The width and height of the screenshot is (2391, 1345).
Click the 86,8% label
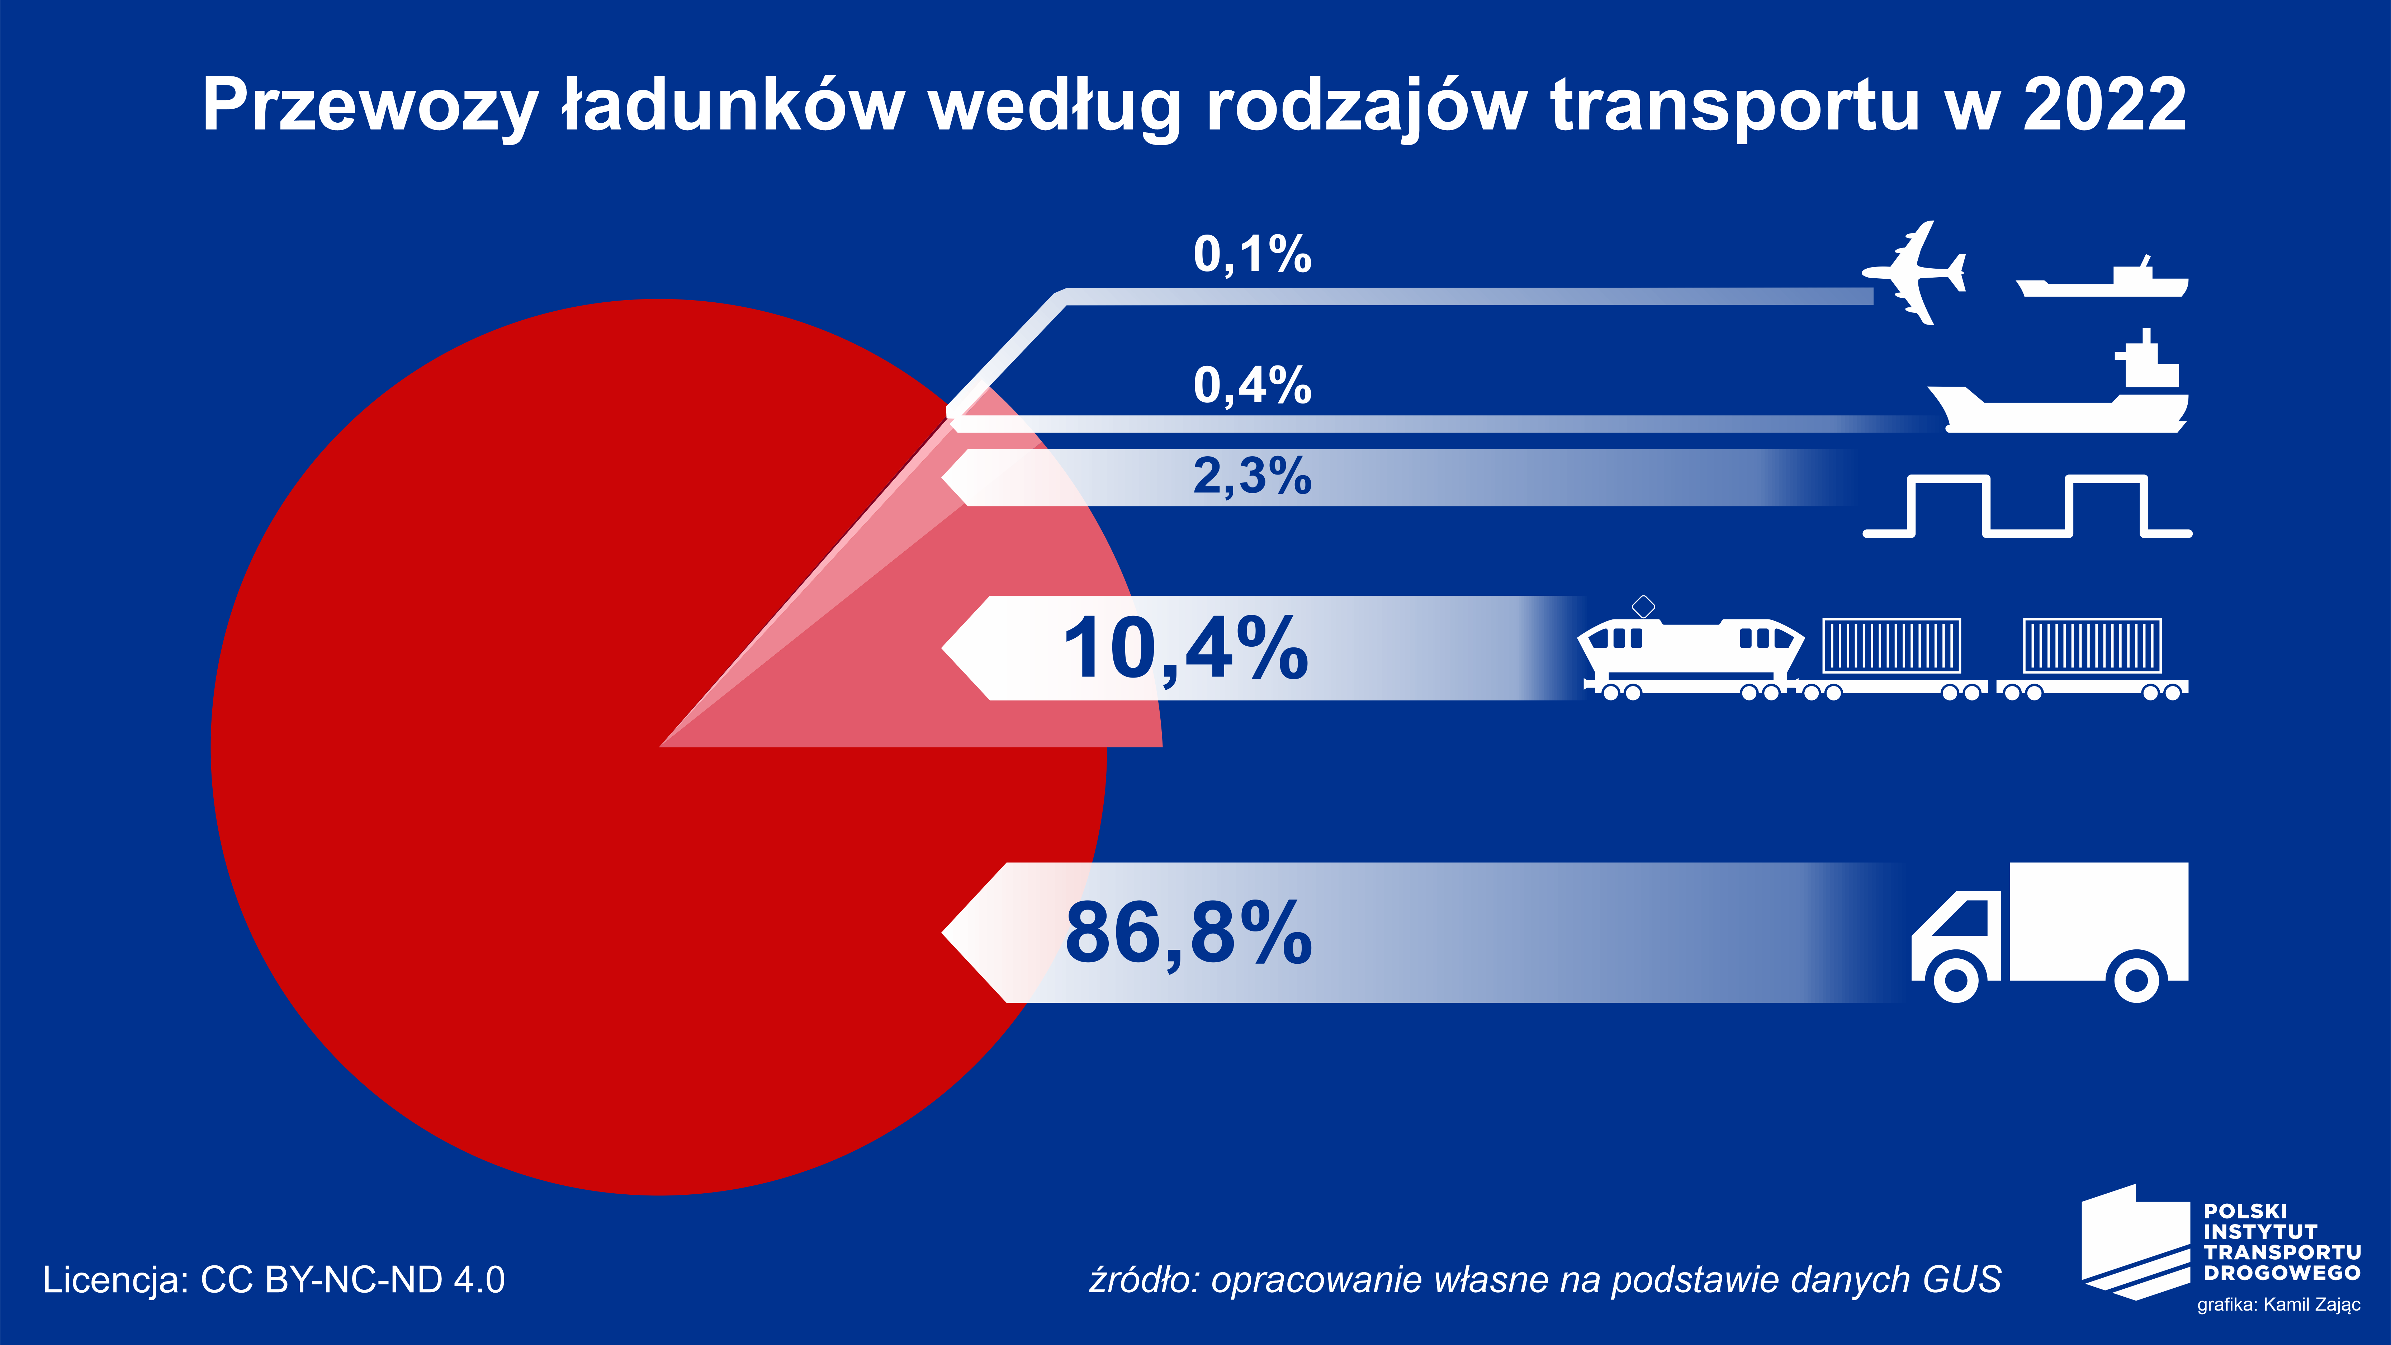[1188, 933]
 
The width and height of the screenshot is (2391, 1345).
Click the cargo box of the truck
[2098, 919]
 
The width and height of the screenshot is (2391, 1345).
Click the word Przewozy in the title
[369, 105]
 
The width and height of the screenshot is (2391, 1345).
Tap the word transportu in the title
[1734, 105]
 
